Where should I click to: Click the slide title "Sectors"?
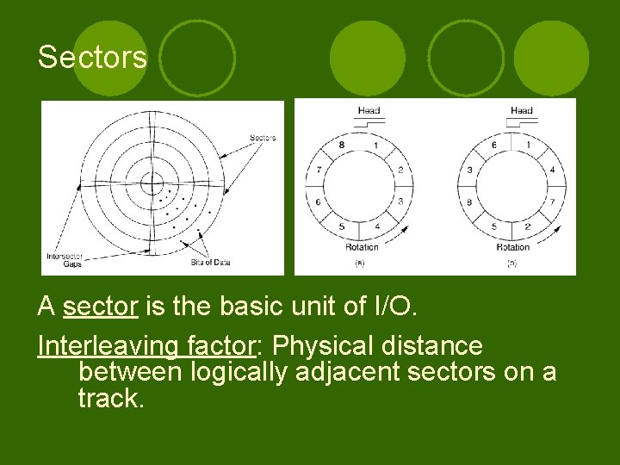pyautogui.click(x=92, y=58)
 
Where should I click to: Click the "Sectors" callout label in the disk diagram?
pyautogui.click(x=263, y=138)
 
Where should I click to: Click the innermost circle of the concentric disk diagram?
pyautogui.click(x=152, y=183)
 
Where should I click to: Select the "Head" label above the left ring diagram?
pyautogui.click(x=369, y=110)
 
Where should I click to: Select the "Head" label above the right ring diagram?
pyautogui.click(x=522, y=110)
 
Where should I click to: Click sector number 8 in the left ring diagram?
pyautogui.click(x=341, y=145)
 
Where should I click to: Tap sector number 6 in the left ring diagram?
pyautogui.click(x=319, y=201)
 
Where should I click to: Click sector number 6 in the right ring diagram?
pyautogui.click(x=493, y=145)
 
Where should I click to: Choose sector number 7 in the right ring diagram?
pyautogui.click(x=552, y=201)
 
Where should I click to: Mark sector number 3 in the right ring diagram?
pyautogui.click(x=470, y=170)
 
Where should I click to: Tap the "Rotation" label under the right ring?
pyautogui.click(x=513, y=248)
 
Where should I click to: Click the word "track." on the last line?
pyautogui.click(x=109, y=398)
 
